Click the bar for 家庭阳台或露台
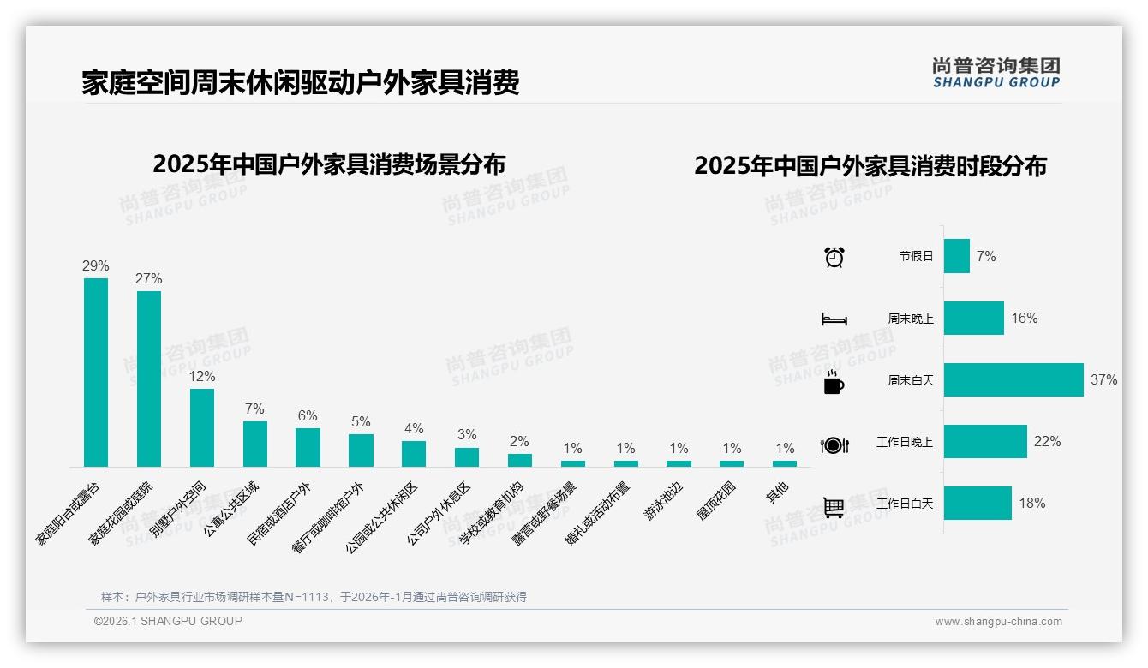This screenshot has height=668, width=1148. point(96,373)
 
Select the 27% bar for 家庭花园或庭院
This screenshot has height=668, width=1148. point(149,379)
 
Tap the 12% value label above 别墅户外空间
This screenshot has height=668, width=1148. point(202,377)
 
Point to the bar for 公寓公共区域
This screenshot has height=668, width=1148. point(255,444)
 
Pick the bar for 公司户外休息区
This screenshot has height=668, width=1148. point(467,457)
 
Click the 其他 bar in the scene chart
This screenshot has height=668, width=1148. point(785,463)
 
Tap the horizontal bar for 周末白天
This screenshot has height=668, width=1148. point(1013,380)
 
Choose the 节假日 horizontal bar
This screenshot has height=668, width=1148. point(957,256)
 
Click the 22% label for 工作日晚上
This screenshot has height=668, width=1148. point(1047,442)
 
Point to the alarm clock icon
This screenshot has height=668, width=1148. point(834,256)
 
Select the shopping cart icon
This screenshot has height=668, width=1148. point(834,506)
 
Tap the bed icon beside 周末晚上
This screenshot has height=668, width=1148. point(834,319)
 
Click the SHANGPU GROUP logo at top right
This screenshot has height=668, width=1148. point(996,73)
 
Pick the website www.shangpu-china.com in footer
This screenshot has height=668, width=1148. point(998,622)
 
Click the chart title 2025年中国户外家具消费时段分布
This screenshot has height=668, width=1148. point(870,165)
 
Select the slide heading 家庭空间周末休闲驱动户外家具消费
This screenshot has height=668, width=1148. point(301,83)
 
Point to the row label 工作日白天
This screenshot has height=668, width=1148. point(905,504)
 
